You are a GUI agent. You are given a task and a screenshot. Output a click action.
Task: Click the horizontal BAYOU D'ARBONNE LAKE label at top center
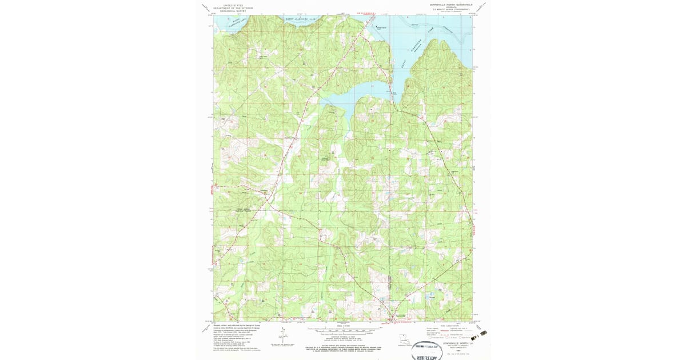coord(301,18)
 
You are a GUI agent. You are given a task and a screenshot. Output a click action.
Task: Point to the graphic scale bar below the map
coord(343,330)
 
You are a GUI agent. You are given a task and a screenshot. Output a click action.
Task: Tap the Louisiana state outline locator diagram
coord(405,339)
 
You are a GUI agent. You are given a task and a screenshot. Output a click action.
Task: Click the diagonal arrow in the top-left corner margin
coord(205,7)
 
